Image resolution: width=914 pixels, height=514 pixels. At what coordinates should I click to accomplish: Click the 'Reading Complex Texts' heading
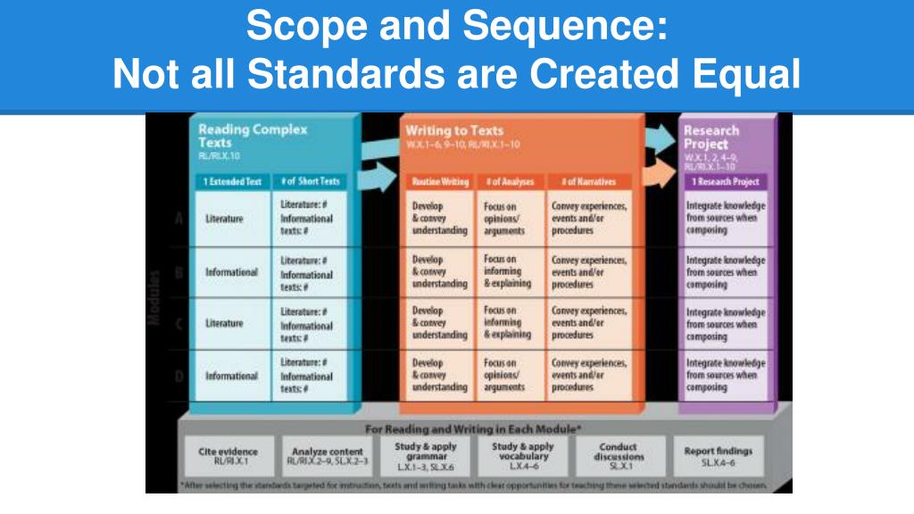tap(253, 136)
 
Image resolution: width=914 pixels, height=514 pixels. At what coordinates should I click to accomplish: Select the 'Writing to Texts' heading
tap(454, 130)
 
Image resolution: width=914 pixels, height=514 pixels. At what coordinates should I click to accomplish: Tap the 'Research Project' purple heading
tap(711, 137)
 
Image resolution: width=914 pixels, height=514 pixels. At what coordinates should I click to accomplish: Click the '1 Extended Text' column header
tap(230, 181)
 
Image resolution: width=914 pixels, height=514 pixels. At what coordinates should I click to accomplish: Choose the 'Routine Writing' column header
tap(440, 182)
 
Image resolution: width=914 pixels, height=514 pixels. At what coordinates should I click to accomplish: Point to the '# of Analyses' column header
tap(510, 182)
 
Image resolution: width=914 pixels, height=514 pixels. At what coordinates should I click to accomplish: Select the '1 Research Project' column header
tap(725, 181)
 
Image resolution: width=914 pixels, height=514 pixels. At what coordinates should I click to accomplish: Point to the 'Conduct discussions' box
tap(619, 455)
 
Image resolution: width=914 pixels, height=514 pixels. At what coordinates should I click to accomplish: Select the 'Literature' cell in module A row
tap(224, 219)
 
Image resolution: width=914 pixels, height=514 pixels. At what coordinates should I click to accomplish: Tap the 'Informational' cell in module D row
tap(231, 376)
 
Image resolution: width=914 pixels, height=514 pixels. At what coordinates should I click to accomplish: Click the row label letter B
tap(179, 271)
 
